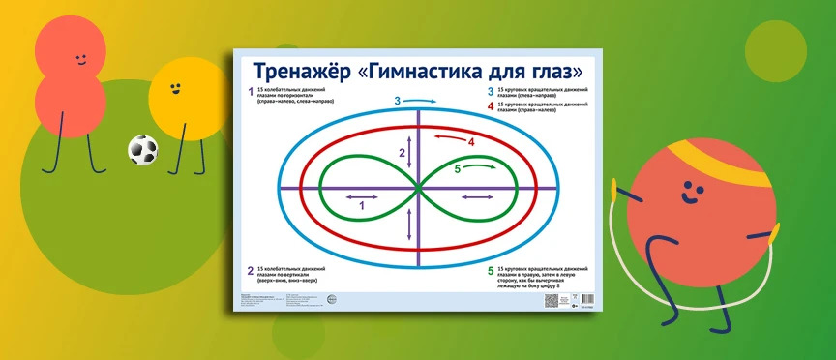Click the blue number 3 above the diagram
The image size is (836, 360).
397,101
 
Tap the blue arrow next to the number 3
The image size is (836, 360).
422,100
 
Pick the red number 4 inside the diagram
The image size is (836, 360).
472,143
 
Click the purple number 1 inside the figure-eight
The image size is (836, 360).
362,205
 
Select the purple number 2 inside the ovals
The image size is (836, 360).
402,153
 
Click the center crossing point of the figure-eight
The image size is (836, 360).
419,189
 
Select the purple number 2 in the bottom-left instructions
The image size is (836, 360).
250,271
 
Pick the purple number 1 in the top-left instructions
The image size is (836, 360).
250,93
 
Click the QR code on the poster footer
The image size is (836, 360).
553,301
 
